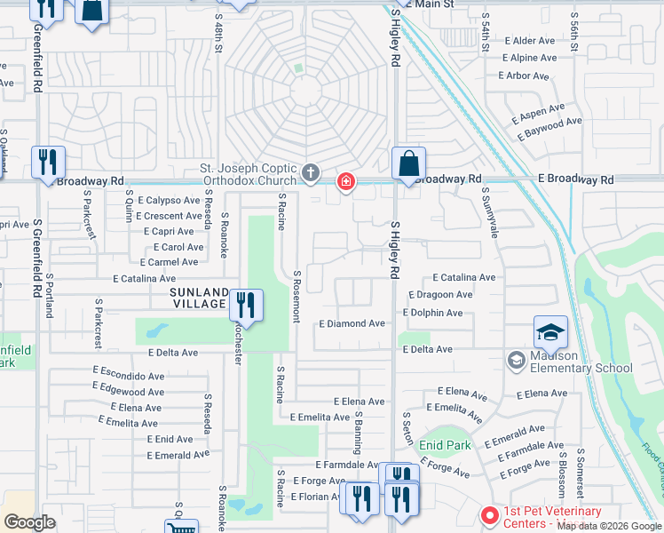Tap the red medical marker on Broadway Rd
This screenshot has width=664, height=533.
345,182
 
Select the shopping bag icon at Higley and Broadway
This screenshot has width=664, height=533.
408,164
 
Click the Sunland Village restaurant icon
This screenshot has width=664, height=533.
246,305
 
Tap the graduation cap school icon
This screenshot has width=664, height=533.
550,332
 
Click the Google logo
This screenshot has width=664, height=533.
29,522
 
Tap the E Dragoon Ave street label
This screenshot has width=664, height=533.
440,295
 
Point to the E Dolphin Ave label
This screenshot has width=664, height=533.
432,313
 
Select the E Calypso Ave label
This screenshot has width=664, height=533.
169,201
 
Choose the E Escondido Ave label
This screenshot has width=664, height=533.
129,376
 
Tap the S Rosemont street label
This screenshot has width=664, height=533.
298,297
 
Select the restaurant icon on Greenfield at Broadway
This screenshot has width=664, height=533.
48,163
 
